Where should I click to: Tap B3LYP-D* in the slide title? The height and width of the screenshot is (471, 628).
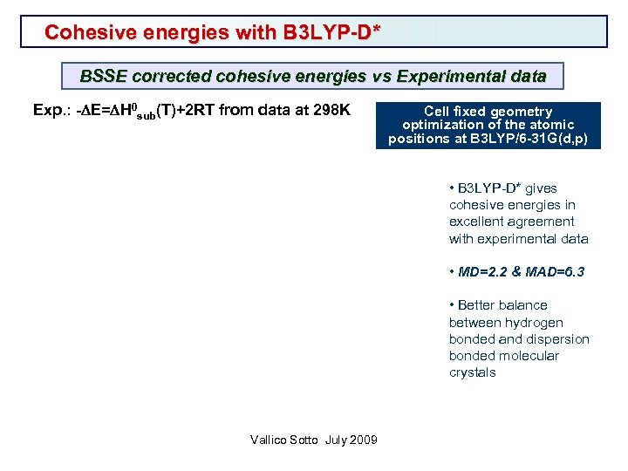coord(331,32)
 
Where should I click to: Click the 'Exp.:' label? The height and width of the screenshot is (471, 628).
coord(50,111)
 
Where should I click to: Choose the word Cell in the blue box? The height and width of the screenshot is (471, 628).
coord(439,111)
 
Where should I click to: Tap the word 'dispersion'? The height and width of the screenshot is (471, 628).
coord(560,338)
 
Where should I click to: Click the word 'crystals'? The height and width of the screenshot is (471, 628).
coord(473,372)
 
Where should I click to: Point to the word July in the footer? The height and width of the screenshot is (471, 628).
coord(336,440)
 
